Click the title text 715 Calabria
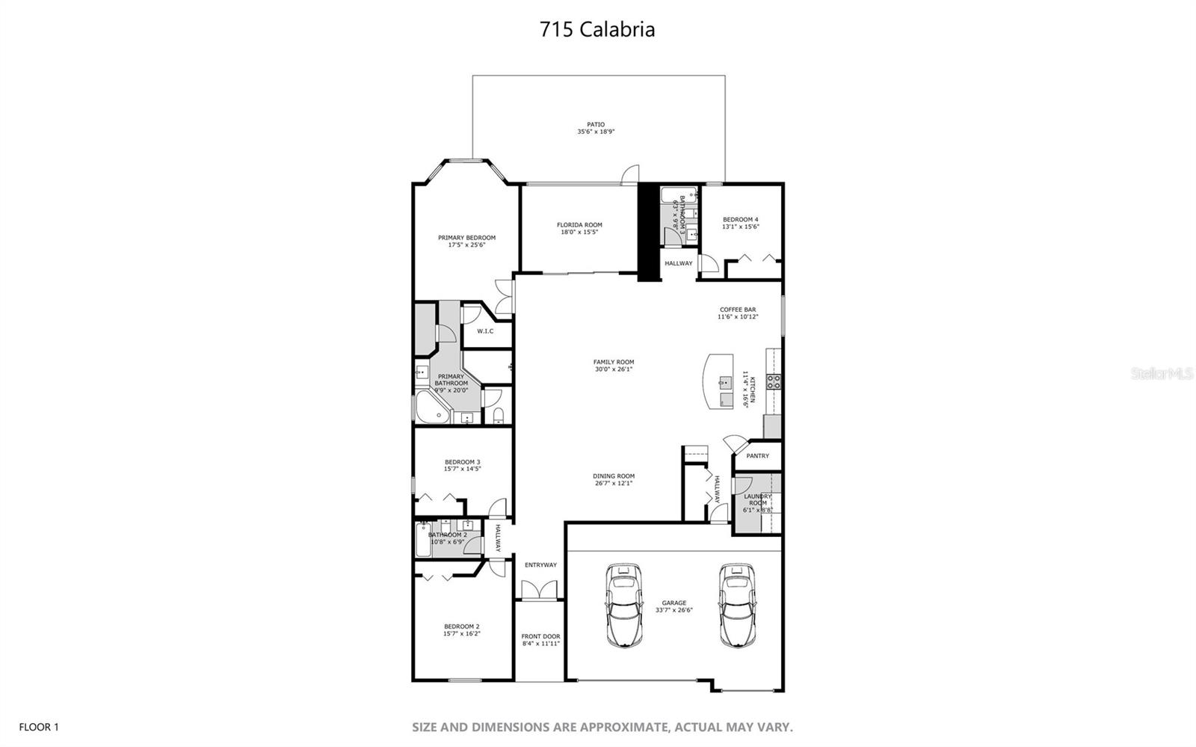[597, 29]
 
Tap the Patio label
[596, 125]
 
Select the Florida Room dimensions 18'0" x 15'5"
[579, 232]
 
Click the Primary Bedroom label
[466, 238]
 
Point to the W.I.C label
[485, 331]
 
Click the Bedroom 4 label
[741, 219]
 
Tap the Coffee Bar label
[738, 310]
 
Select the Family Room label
[614, 362]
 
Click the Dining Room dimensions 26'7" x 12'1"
[614, 483]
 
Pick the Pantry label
[757, 455]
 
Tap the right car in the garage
[736, 605]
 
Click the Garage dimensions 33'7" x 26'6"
[673, 609]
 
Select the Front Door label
[540, 636]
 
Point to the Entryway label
[540, 565]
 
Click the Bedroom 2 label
[461, 627]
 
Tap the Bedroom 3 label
[462, 462]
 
